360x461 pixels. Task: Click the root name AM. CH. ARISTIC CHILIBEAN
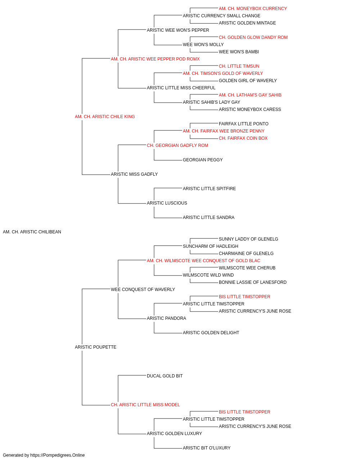[x=32, y=232]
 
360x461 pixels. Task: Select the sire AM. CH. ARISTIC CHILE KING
[x=105, y=117]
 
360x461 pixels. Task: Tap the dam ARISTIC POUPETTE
[x=96, y=347]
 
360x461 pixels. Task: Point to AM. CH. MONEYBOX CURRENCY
[x=253, y=9]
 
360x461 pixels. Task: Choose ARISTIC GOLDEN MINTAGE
[x=247, y=23]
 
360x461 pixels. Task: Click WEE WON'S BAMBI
[x=239, y=52]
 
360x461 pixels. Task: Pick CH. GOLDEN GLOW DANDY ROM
[x=253, y=37]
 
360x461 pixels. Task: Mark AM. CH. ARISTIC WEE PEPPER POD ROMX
[x=155, y=59]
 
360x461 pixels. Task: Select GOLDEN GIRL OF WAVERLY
[x=248, y=81]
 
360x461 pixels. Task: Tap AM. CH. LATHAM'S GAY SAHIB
[x=250, y=95]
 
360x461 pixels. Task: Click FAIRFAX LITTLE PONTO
[x=244, y=124]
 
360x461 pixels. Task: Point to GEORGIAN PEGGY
[x=203, y=160]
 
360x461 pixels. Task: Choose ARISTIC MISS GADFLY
[x=134, y=174]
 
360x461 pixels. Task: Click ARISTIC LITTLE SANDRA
[x=209, y=218]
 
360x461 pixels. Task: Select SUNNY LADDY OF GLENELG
[x=248, y=239]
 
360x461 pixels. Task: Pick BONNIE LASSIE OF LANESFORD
[x=252, y=282]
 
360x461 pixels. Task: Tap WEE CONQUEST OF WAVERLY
[x=143, y=290]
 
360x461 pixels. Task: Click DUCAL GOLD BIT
[x=165, y=376]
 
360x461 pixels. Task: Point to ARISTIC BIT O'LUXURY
[x=207, y=448]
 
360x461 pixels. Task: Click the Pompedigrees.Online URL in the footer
[x=58, y=455]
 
